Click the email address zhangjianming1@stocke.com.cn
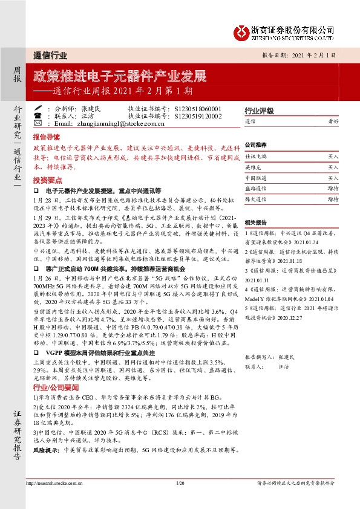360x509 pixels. (x=113, y=123)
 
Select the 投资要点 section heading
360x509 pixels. (x=48, y=180)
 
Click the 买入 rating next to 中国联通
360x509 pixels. (x=333, y=178)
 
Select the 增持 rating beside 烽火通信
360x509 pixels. (x=333, y=198)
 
